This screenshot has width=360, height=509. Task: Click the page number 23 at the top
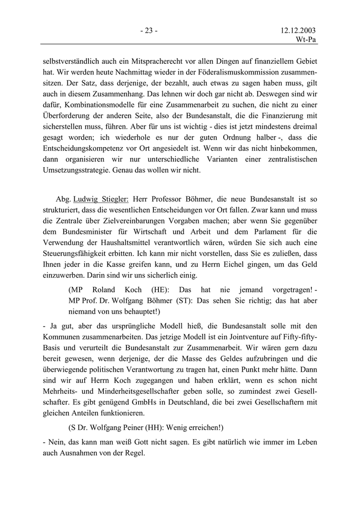tap(149, 30)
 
